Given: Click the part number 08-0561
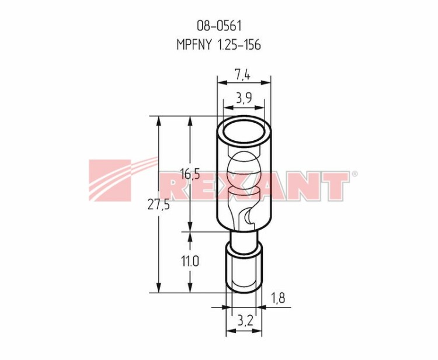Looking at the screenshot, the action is click(x=219, y=26).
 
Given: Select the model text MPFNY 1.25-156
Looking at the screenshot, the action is click(x=219, y=45).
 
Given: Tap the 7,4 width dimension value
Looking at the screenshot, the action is click(x=242, y=75).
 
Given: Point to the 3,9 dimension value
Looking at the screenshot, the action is click(x=244, y=98).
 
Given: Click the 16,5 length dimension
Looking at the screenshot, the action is click(x=190, y=175).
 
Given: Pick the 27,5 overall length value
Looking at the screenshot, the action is click(x=158, y=206).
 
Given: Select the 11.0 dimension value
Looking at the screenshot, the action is click(x=190, y=262).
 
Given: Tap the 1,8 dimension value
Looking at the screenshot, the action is click(x=278, y=298).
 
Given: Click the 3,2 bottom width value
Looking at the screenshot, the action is click(x=245, y=321).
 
